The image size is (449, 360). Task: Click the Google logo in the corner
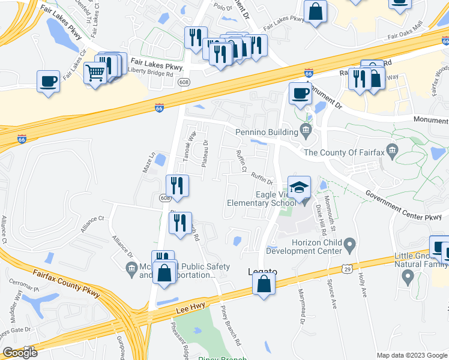point(20,353)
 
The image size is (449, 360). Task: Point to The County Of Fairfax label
point(345,152)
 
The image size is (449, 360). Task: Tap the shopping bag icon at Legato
point(264,283)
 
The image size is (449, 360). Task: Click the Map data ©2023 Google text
point(411,355)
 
